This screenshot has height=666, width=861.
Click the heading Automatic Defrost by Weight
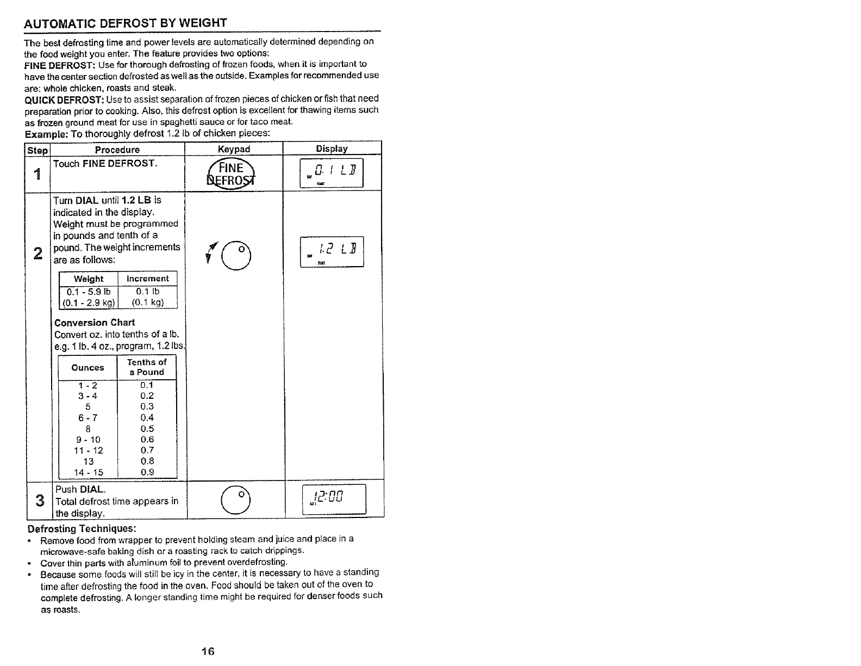(126, 23)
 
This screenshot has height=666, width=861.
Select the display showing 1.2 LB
(332, 252)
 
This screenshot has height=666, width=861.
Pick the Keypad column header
(234, 149)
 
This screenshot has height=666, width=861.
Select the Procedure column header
(117, 150)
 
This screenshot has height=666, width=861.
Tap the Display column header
(332, 149)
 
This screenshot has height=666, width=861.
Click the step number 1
(37, 175)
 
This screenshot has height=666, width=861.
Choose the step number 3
(39, 500)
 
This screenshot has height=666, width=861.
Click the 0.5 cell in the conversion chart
(147, 429)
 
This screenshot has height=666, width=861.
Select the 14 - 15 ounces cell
(88, 472)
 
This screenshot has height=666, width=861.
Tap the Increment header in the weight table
(147, 279)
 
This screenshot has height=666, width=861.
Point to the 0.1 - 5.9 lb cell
(89, 291)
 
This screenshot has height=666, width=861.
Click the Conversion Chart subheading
(95, 322)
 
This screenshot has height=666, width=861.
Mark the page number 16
(208, 651)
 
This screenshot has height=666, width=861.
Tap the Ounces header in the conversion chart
(88, 367)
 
